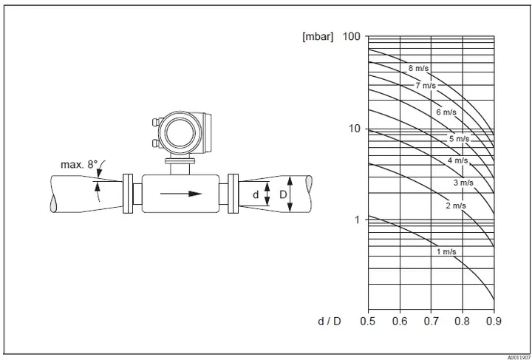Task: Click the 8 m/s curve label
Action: coord(418,68)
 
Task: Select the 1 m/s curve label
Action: coord(446,252)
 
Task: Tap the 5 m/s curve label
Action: coord(460,138)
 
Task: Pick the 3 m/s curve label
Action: coord(463,183)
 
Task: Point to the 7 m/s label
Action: coord(426,86)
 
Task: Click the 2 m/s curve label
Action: coord(456,206)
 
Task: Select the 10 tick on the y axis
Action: coord(355,129)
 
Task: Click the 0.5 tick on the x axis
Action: coord(368,321)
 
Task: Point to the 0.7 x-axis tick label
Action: coord(431,321)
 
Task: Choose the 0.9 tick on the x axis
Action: coord(494,321)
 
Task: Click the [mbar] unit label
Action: coord(318,36)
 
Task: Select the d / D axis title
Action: coord(329,322)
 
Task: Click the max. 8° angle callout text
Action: coord(79,165)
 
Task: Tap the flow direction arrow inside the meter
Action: coord(181,194)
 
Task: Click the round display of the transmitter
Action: coord(180,132)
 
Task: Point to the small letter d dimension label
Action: coord(256,194)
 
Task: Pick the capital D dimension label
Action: coord(283,194)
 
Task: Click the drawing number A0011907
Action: coord(519,357)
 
